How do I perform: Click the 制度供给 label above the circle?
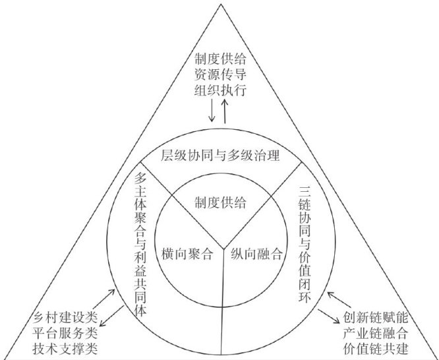(x=220, y=58)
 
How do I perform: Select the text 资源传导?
(x=220, y=73)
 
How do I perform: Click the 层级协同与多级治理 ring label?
(x=221, y=156)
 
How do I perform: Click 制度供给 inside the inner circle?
(x=221, y=203)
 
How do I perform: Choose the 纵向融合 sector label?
(x=256, y=253)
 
